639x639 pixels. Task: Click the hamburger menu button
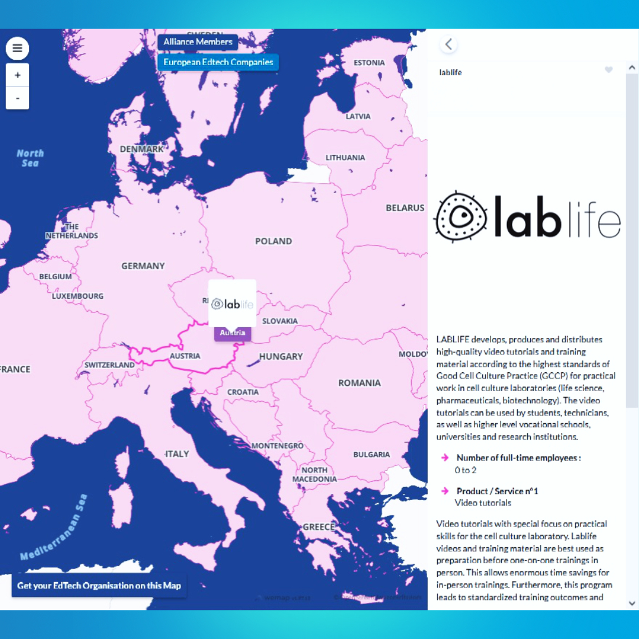17,49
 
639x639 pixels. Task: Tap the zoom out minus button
18,98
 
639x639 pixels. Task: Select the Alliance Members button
198,42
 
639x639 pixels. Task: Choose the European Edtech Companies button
218,62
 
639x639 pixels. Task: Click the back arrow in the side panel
448,44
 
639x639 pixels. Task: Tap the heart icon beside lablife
609,70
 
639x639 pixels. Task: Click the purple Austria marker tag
233,333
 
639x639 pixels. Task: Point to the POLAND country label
273,241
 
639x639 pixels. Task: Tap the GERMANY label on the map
143,266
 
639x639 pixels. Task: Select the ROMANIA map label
359,383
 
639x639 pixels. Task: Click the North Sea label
30,158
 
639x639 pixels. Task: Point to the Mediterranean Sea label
54,527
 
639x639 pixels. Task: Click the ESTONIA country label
369,63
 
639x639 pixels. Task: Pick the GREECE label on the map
319,527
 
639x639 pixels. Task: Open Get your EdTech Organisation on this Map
99,585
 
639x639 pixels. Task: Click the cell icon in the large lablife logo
460,216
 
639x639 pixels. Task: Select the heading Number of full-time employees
518,457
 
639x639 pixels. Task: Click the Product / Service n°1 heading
497,491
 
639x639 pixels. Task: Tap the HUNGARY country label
281,356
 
